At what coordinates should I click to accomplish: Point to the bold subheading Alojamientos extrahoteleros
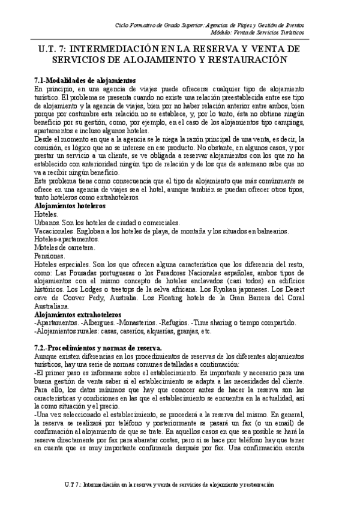(77, 315)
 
